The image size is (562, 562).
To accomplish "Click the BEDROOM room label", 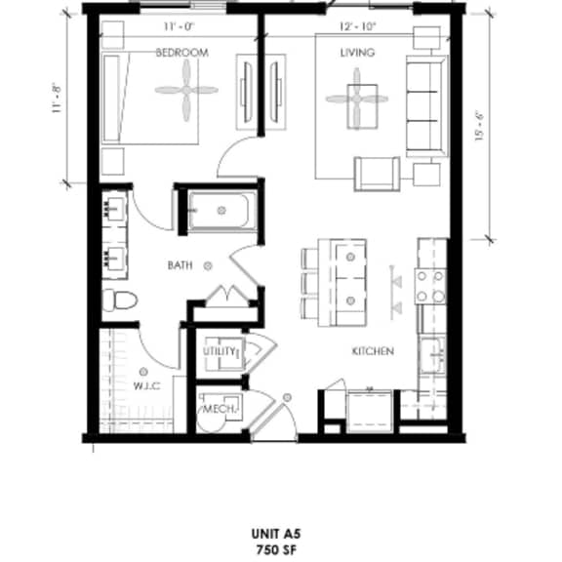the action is click(x=182, y=53).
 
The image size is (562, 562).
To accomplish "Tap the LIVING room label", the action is click(x=357, y=53).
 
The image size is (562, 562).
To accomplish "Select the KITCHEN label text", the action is click(x=373, y=351).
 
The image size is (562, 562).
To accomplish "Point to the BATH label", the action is click(x=180, y=265).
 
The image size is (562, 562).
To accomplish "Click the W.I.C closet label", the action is click(x=146, y=386).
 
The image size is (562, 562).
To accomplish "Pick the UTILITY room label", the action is click(x=220, y=351).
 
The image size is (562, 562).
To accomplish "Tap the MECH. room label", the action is click(x=220, y=409).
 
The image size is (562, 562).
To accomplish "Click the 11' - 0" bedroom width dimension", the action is click(x=180, y=26).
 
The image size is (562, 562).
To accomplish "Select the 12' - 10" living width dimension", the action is click(x=357, y=26).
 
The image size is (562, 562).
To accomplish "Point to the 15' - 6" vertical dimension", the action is click(x=480, y=127).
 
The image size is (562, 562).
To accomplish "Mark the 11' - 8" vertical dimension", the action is click(x=57, y=100).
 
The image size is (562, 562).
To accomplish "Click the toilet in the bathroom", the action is click(x=120, y=300).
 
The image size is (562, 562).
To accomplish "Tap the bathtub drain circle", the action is click(x=221, y=211).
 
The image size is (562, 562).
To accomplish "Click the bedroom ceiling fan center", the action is click(x=186, y=90).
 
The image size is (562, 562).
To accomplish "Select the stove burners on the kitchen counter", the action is click(x=430, y=287).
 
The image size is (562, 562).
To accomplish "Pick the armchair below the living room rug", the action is click(x=377, y=174).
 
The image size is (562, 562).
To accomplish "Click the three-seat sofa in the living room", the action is click(x=427, y=106).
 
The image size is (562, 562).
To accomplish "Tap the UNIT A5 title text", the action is click(x=275, y=534).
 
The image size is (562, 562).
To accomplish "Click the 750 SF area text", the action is click(x=276, y=549).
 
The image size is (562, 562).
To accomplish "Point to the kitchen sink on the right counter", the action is click(x=432, y=355).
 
